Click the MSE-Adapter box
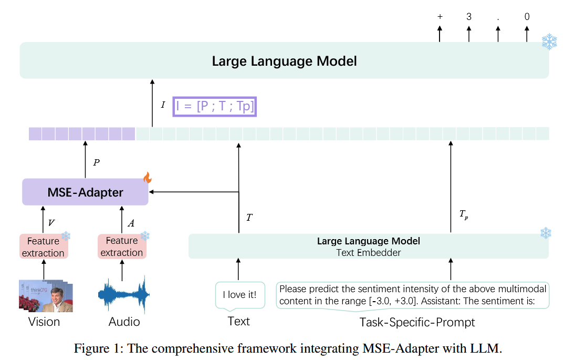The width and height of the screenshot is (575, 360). pos(85,192)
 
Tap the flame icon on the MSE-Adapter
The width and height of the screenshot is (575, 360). pos(148,178)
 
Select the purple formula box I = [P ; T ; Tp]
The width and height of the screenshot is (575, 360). pos(215,107)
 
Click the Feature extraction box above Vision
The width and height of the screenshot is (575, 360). pos(43,247)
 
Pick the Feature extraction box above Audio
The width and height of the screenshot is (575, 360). pos(122,246)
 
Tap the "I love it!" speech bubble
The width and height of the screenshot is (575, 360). pos(240,295)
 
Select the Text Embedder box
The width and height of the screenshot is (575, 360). pos(368,246)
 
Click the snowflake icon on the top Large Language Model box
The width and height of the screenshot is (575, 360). pos(549,42)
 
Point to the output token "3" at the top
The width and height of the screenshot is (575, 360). pos(468,17)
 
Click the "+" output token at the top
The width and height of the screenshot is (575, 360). pos(440,17)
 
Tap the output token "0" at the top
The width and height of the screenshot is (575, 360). pos(527,17)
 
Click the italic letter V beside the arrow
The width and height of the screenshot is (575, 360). pos(51,223)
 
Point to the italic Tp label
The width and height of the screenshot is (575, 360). pos(462,213)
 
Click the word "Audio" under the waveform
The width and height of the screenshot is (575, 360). pos(124,322)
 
